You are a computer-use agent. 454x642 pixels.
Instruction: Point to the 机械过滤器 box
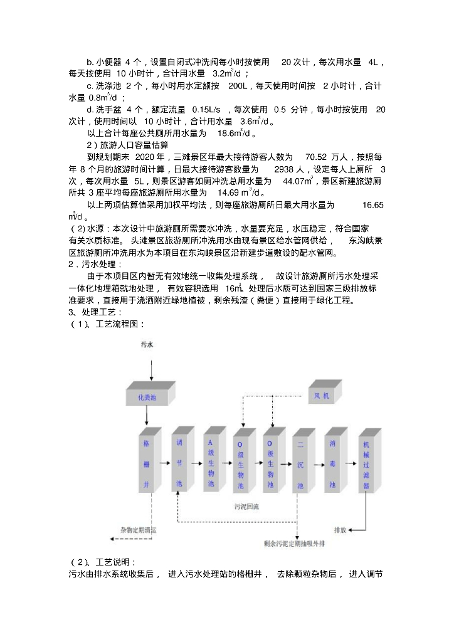(x=366, y=463)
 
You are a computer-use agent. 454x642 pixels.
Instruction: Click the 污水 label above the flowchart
(x=146, y=345)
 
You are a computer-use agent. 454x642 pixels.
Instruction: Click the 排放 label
(x=340, y=530)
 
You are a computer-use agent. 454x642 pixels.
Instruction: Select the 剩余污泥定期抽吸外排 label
(x=297, y=544)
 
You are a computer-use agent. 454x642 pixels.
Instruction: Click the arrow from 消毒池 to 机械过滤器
(x=351, y=463)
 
